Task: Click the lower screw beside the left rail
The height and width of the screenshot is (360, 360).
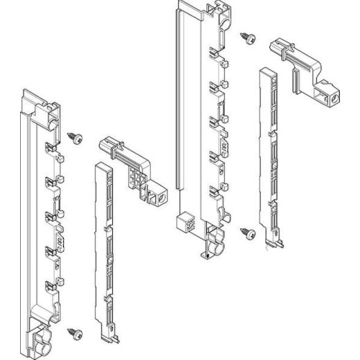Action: (x=75, y=332)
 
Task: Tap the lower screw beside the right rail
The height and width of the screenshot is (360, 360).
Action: (x=247, y=233)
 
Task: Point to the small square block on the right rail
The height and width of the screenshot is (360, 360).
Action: (x=185, y=222)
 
